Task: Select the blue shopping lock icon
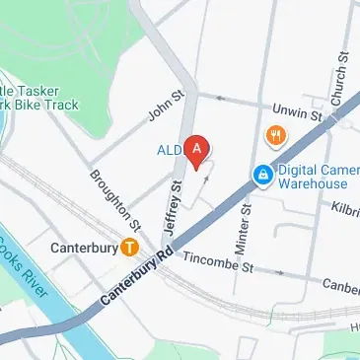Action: pos(262,176)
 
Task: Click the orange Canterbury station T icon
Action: pos(129,248)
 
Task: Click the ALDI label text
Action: pos(169,150)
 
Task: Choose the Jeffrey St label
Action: pos(175,206)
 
